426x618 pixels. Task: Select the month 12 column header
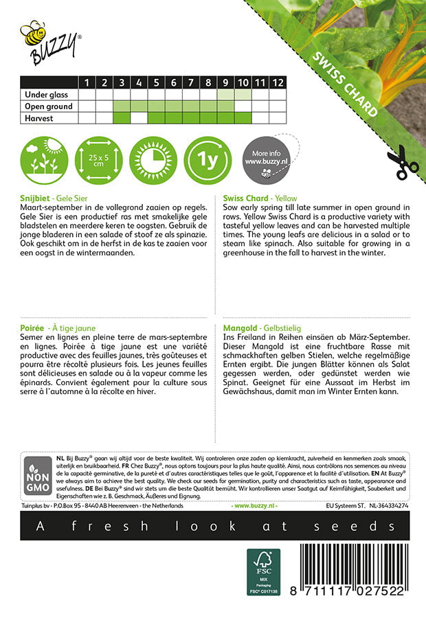point(277,82)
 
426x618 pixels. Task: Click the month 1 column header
point(87,82)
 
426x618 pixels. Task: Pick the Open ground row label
point(48,106)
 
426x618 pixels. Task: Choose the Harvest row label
point(38,118)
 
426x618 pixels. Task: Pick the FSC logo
point(264,571)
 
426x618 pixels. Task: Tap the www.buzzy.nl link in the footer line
point(254,505)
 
